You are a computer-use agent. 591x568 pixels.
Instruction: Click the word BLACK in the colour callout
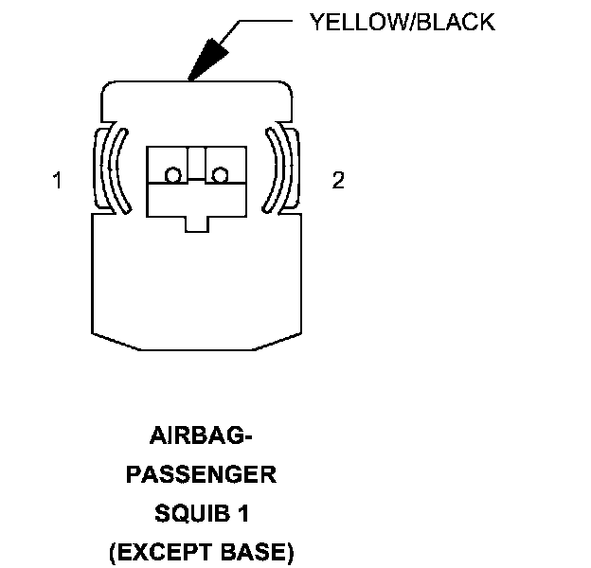click(454, 22)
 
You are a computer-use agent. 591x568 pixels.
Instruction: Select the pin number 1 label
click(58, 181)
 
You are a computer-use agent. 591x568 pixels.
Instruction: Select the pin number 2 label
click(338, 181)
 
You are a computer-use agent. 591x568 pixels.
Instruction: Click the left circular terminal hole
click(173, 175)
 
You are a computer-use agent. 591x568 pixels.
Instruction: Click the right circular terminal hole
click(221, 175)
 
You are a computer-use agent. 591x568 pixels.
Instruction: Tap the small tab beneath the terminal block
click(197, 223)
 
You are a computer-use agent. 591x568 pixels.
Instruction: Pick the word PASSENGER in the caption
click(202, 474)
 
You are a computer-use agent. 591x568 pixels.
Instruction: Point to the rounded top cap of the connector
click(197, 99)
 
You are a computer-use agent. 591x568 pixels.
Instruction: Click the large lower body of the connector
click(197, 284)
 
